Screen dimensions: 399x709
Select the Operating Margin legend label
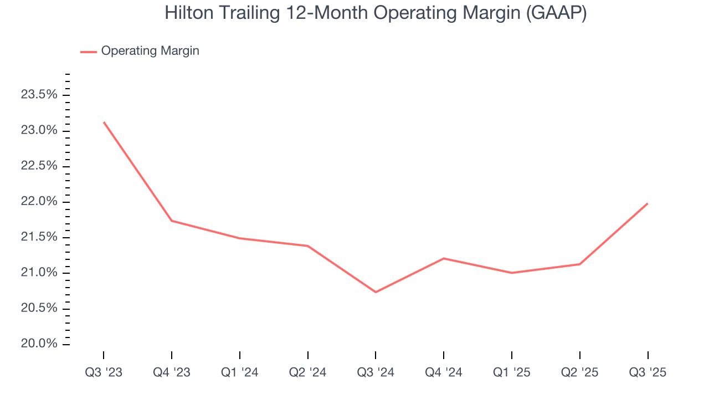coord(150,51)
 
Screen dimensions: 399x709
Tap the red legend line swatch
coord(89,52)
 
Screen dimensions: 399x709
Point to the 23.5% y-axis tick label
coord(39,95)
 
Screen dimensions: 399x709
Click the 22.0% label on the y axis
coord(39,202)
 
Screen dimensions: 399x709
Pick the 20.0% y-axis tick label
coord(39,344)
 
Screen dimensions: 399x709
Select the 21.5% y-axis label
coord(39,237)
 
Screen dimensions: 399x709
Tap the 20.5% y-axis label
coord(39,309)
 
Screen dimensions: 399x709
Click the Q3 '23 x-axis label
coord(104,372)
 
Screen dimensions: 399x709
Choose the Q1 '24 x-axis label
coord(240,372)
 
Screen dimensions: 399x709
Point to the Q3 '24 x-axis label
coord(376,372)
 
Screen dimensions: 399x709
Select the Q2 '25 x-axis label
coord(579,372)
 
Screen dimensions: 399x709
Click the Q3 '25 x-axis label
coord(648,372)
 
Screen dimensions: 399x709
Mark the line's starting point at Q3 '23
coord(104,122)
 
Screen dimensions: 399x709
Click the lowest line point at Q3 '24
coord(376,292)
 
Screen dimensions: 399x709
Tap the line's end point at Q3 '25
coord(648,203)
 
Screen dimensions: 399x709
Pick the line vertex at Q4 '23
coord(172,221)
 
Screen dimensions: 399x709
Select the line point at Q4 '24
coord(444,258)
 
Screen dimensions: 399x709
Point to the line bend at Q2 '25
coord(579,264)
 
